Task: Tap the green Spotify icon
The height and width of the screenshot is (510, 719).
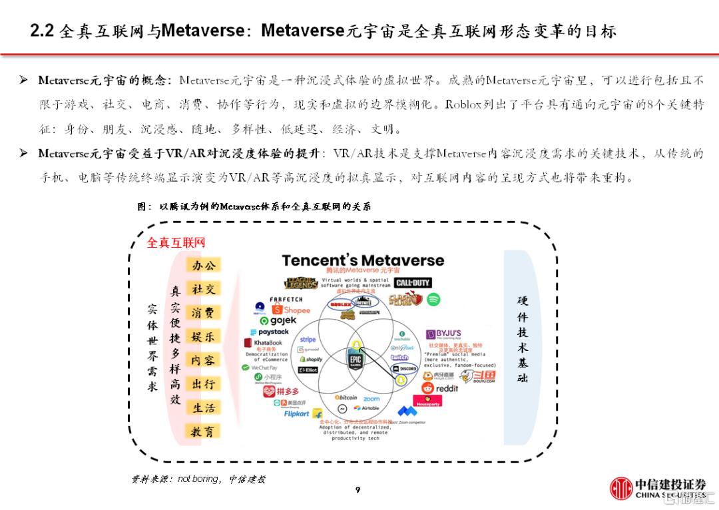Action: tap(433, 299)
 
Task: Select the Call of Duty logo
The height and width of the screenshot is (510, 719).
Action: tap(412, 283)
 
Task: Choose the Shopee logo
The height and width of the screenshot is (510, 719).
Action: tap(291, 310)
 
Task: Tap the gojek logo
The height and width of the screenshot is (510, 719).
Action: tap(278, 321)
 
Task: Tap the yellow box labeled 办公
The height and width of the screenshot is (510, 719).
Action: tap(203, 265)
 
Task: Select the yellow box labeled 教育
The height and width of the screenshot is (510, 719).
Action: tap(203, 431)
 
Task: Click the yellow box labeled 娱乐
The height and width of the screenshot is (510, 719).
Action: tap(203, 336)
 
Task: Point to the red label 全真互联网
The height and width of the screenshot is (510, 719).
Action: tap(176, 243)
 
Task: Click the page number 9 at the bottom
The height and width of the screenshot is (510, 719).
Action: tap(358, 491)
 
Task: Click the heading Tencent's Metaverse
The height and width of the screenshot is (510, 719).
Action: tap(363, 260)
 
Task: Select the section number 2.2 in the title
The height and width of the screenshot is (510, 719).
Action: tap(43, 31)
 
